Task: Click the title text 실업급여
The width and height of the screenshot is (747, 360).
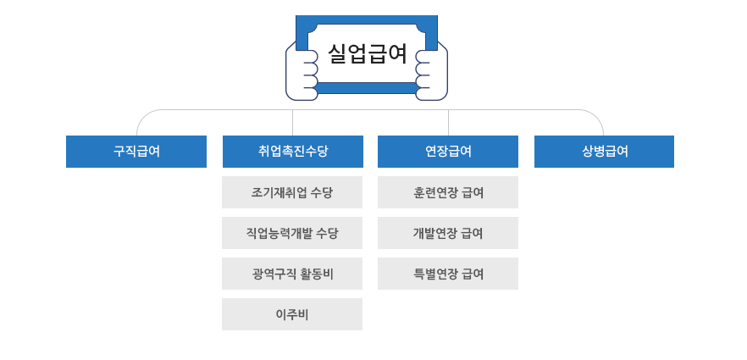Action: (x=367, y=54)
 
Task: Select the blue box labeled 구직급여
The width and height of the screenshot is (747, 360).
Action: (x=136, y=152)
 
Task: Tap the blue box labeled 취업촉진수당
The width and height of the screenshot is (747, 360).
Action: (x=292, y=152)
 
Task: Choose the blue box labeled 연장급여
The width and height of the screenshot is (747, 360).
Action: (x=448, y=152)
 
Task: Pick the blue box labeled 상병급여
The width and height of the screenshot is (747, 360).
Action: (x=604, y=152)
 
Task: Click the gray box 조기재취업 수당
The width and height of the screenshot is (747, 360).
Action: (x=292, y=192)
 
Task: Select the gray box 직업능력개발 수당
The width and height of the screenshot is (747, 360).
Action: (x=292, y=233)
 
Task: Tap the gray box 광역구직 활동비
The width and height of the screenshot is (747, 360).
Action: (x=292, y=274)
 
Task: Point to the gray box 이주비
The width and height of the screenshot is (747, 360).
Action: (x=292, y=314)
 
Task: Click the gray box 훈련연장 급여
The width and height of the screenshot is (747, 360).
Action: (x=448, y=192)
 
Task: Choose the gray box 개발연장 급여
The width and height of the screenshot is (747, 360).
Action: (x=448, y=233)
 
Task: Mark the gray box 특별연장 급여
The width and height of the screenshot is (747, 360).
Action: (x=448, y=274)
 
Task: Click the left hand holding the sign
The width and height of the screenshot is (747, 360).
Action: (x=302, y=74)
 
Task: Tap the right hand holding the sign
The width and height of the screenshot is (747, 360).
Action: (x=432, y=74)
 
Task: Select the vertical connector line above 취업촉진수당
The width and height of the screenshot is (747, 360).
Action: (x=292, y=123)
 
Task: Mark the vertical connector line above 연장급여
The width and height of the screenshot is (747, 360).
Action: (x=448, y=123)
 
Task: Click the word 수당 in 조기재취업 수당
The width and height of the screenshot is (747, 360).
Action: (x=321, y=192)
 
